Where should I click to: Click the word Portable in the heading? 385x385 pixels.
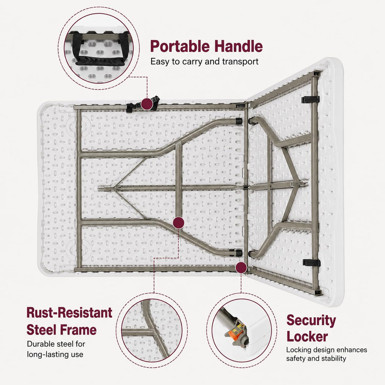(180, 46)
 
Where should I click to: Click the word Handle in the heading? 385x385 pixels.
(238, 46)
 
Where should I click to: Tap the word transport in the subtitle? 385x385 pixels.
(240, 62)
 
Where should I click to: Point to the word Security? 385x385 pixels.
(311, 321)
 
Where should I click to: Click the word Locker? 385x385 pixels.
(307, 336)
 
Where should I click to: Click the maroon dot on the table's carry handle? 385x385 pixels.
(147, 104)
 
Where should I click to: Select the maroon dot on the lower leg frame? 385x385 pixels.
(179, 223)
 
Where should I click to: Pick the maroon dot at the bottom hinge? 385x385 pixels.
(241, 268)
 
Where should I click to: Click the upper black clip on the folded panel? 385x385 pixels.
(311, 99)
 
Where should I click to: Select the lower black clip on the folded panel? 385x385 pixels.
(312, 263)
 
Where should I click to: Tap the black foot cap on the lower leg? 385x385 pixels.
(239, 253)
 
